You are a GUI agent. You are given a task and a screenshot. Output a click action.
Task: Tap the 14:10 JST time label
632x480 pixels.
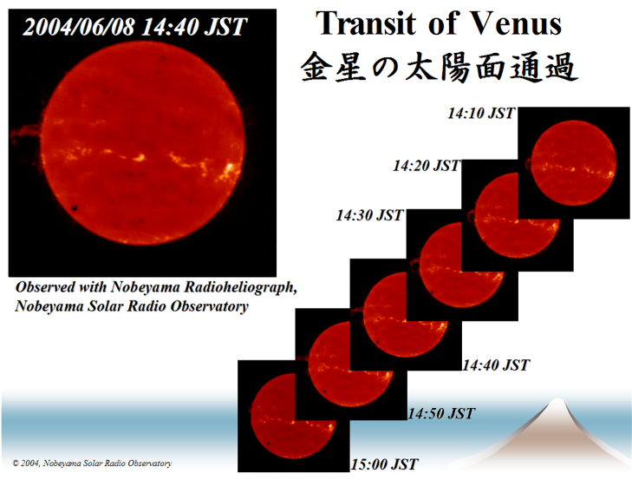481,114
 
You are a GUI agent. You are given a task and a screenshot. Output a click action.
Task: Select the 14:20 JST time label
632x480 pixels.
427,166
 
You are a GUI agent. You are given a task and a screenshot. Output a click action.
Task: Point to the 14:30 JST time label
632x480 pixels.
370,215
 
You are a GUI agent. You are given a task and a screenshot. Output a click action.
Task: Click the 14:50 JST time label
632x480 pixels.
441,414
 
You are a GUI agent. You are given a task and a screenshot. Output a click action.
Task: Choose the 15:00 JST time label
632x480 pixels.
385,464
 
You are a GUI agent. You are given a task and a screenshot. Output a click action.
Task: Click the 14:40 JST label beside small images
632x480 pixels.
495,365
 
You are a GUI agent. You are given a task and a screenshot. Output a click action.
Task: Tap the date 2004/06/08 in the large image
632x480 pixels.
79,27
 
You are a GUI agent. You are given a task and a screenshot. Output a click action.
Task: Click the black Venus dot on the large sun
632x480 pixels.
75,208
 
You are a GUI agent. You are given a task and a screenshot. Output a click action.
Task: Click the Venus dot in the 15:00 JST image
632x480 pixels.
268,444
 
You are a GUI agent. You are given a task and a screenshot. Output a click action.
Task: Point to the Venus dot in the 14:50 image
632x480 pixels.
324,391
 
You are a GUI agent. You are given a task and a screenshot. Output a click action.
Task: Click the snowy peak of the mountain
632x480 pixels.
557,402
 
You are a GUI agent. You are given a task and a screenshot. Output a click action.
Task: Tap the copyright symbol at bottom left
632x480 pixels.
16,464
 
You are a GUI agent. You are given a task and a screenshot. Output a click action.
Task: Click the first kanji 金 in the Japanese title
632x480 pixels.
316,67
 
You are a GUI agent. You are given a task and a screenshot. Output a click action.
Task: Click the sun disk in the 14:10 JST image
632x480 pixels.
574,162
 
